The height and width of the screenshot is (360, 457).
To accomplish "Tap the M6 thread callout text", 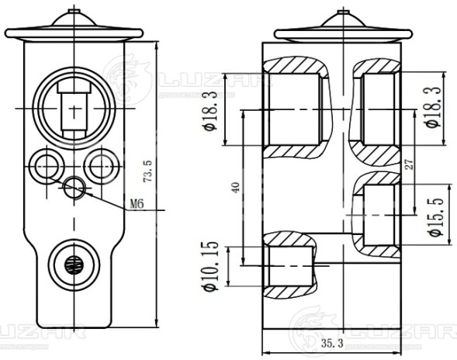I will (x=137, y=205).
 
